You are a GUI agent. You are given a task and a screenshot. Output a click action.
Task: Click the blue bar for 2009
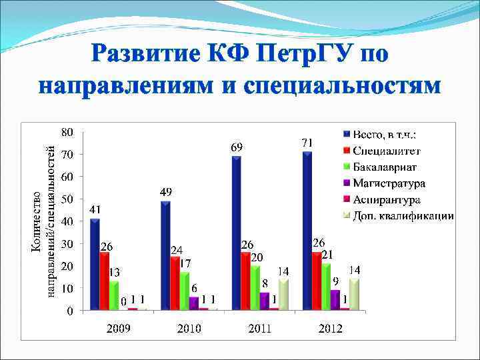[x=95, y=265]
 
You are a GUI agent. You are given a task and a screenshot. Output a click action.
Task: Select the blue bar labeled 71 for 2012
[x=308, y=231]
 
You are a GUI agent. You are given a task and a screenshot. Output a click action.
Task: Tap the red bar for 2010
[x=175, y=283]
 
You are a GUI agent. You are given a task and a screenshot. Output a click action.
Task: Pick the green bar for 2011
[x=255, y=287]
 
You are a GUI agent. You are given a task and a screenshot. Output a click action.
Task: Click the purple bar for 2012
[x=335, y=299]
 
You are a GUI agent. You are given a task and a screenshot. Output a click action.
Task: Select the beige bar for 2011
[x=283, y=294]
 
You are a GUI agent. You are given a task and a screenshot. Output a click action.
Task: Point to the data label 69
[x=237, y=147]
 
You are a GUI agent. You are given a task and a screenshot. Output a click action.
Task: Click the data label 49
[x=166, y=192]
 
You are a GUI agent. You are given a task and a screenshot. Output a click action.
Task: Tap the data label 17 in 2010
[x=186, y=263]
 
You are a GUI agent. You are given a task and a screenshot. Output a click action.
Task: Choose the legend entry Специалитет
[x=387, y=150]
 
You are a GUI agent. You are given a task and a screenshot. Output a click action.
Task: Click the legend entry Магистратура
[x=389, y=183]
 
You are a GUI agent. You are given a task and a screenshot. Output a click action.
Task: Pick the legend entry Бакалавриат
[x=387, y=167]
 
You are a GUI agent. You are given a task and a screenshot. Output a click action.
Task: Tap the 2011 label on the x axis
[x=259, y=328]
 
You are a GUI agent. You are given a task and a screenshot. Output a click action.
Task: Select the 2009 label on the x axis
[x=118, y=328]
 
